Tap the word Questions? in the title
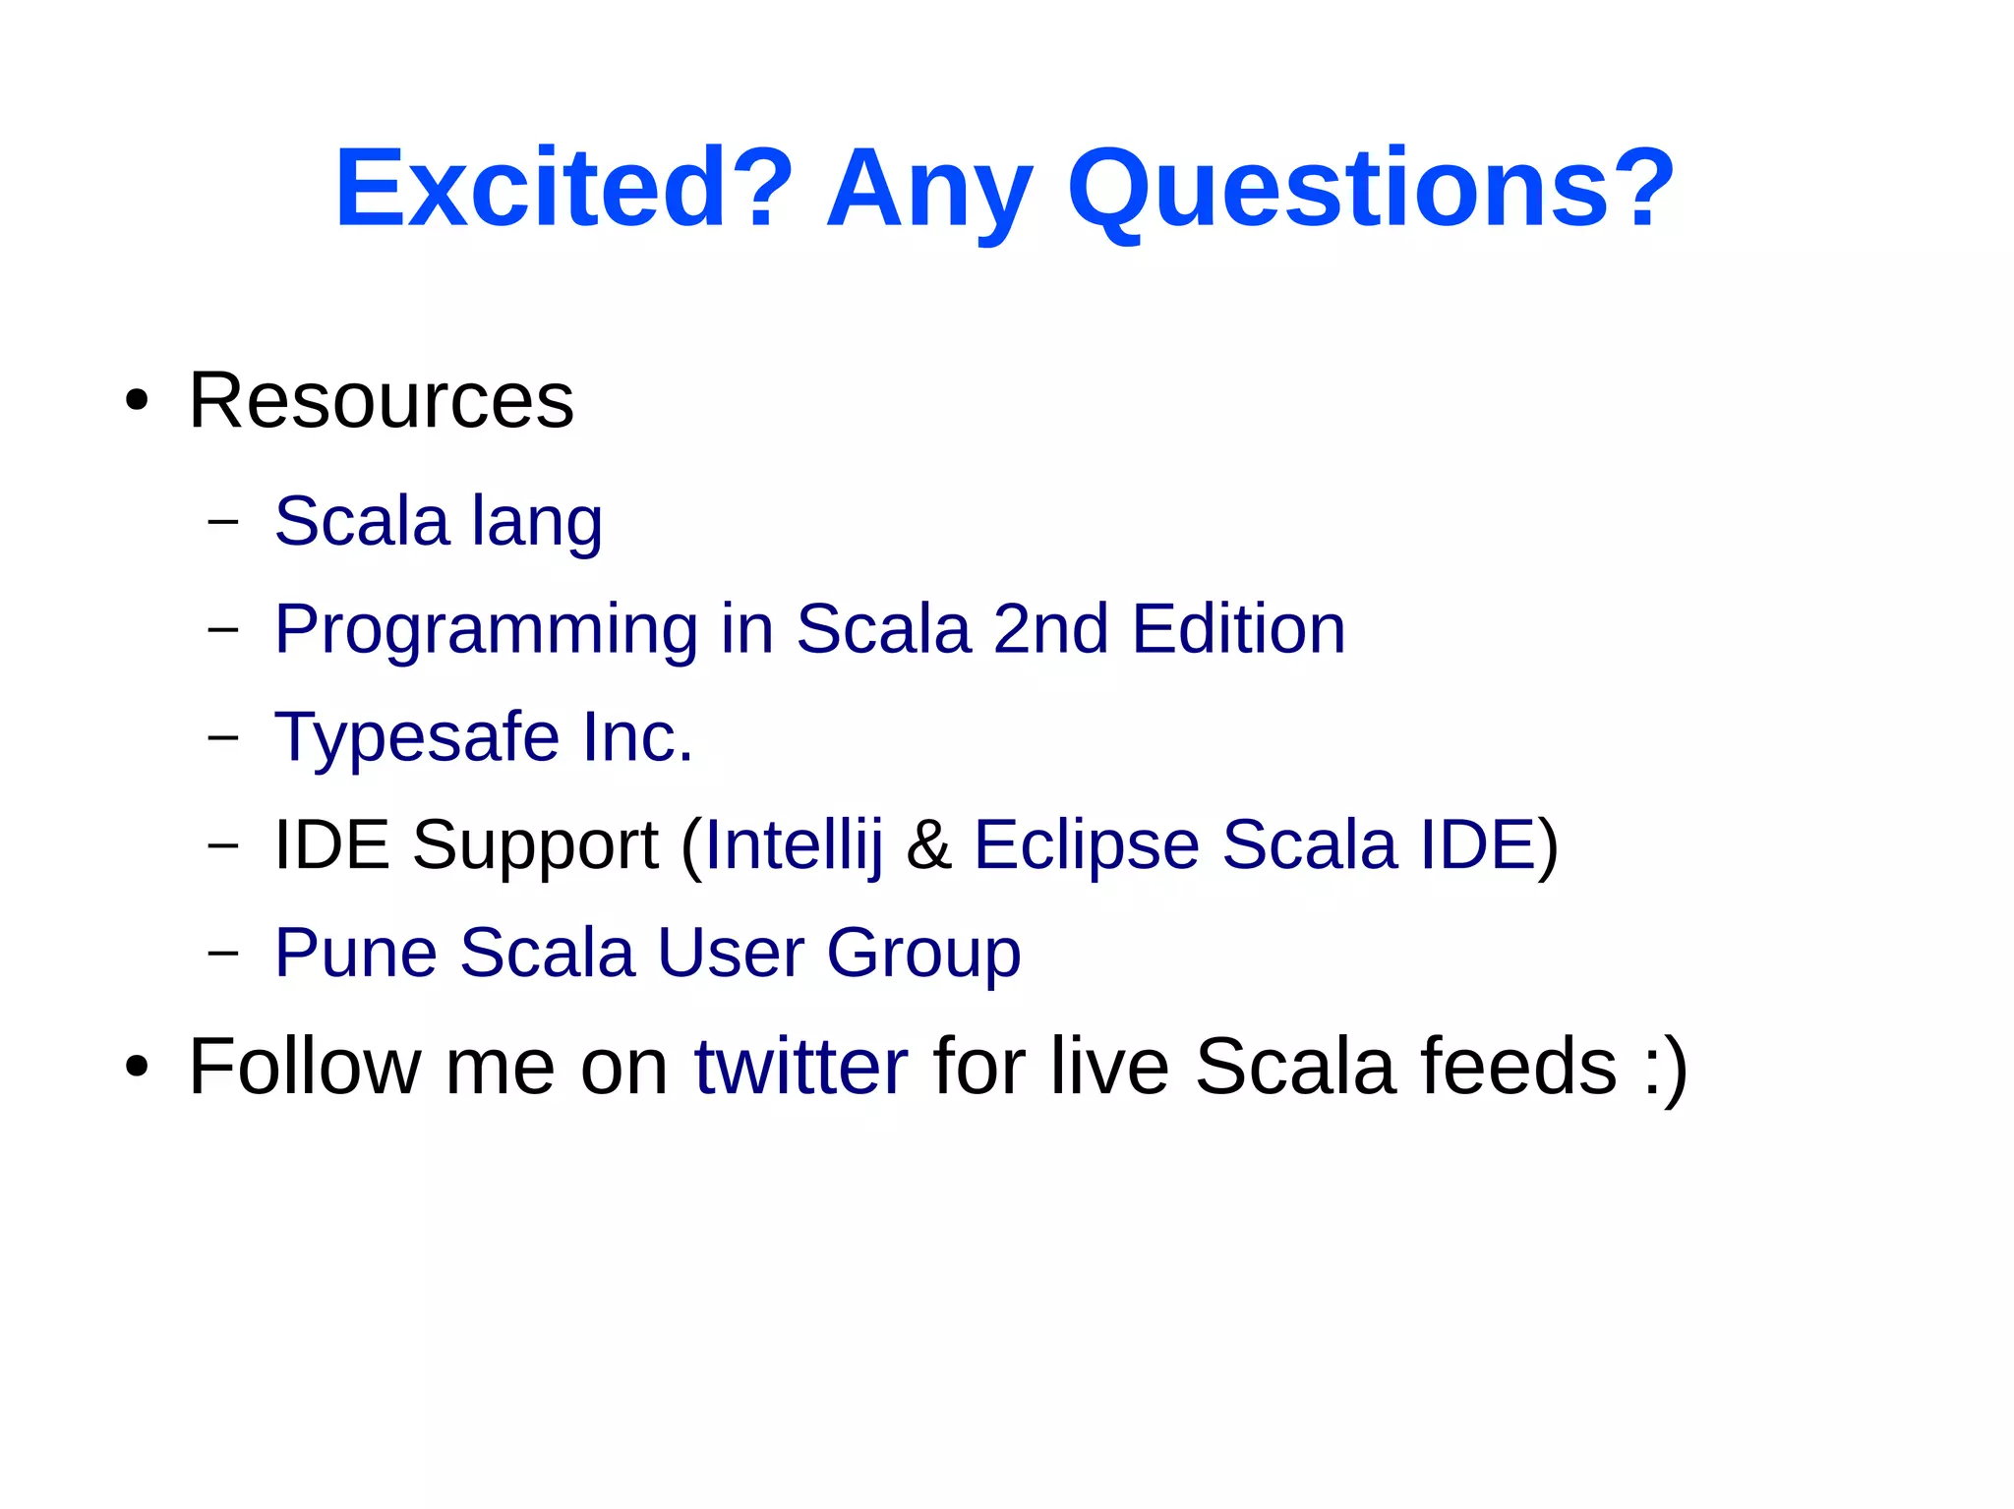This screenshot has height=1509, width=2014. [1371, 187]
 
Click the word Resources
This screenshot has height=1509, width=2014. [381, 401]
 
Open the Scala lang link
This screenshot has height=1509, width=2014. [438, 521]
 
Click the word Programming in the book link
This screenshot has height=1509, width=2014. [486, 630]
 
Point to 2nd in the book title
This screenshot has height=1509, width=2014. [1050, 629]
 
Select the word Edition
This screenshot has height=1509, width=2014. [1238, 629]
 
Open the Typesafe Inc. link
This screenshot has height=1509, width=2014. [484, 737]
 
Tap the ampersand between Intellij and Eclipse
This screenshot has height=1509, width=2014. [928, 845]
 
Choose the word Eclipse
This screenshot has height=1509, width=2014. [1087, 845]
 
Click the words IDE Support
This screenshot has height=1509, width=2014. [466, 845]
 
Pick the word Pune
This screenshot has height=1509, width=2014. [356, 954]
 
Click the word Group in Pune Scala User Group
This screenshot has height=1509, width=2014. [923, 954]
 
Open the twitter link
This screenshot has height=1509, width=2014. [800, 1067]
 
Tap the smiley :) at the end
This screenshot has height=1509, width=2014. [1665, 1069]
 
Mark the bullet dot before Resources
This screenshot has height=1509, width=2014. [137, 401]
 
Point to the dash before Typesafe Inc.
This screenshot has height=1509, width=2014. [223, 736]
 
